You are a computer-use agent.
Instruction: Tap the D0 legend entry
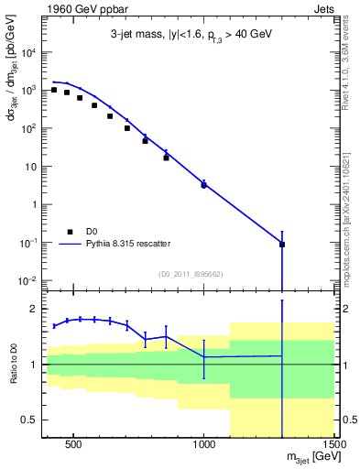pos(92,232)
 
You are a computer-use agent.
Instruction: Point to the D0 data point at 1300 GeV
pos(282,245)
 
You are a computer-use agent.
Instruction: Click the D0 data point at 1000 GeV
pos(203,185)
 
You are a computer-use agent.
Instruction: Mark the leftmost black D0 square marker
pos(54,90)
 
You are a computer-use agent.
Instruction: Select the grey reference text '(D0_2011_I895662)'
pos(190,273)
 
